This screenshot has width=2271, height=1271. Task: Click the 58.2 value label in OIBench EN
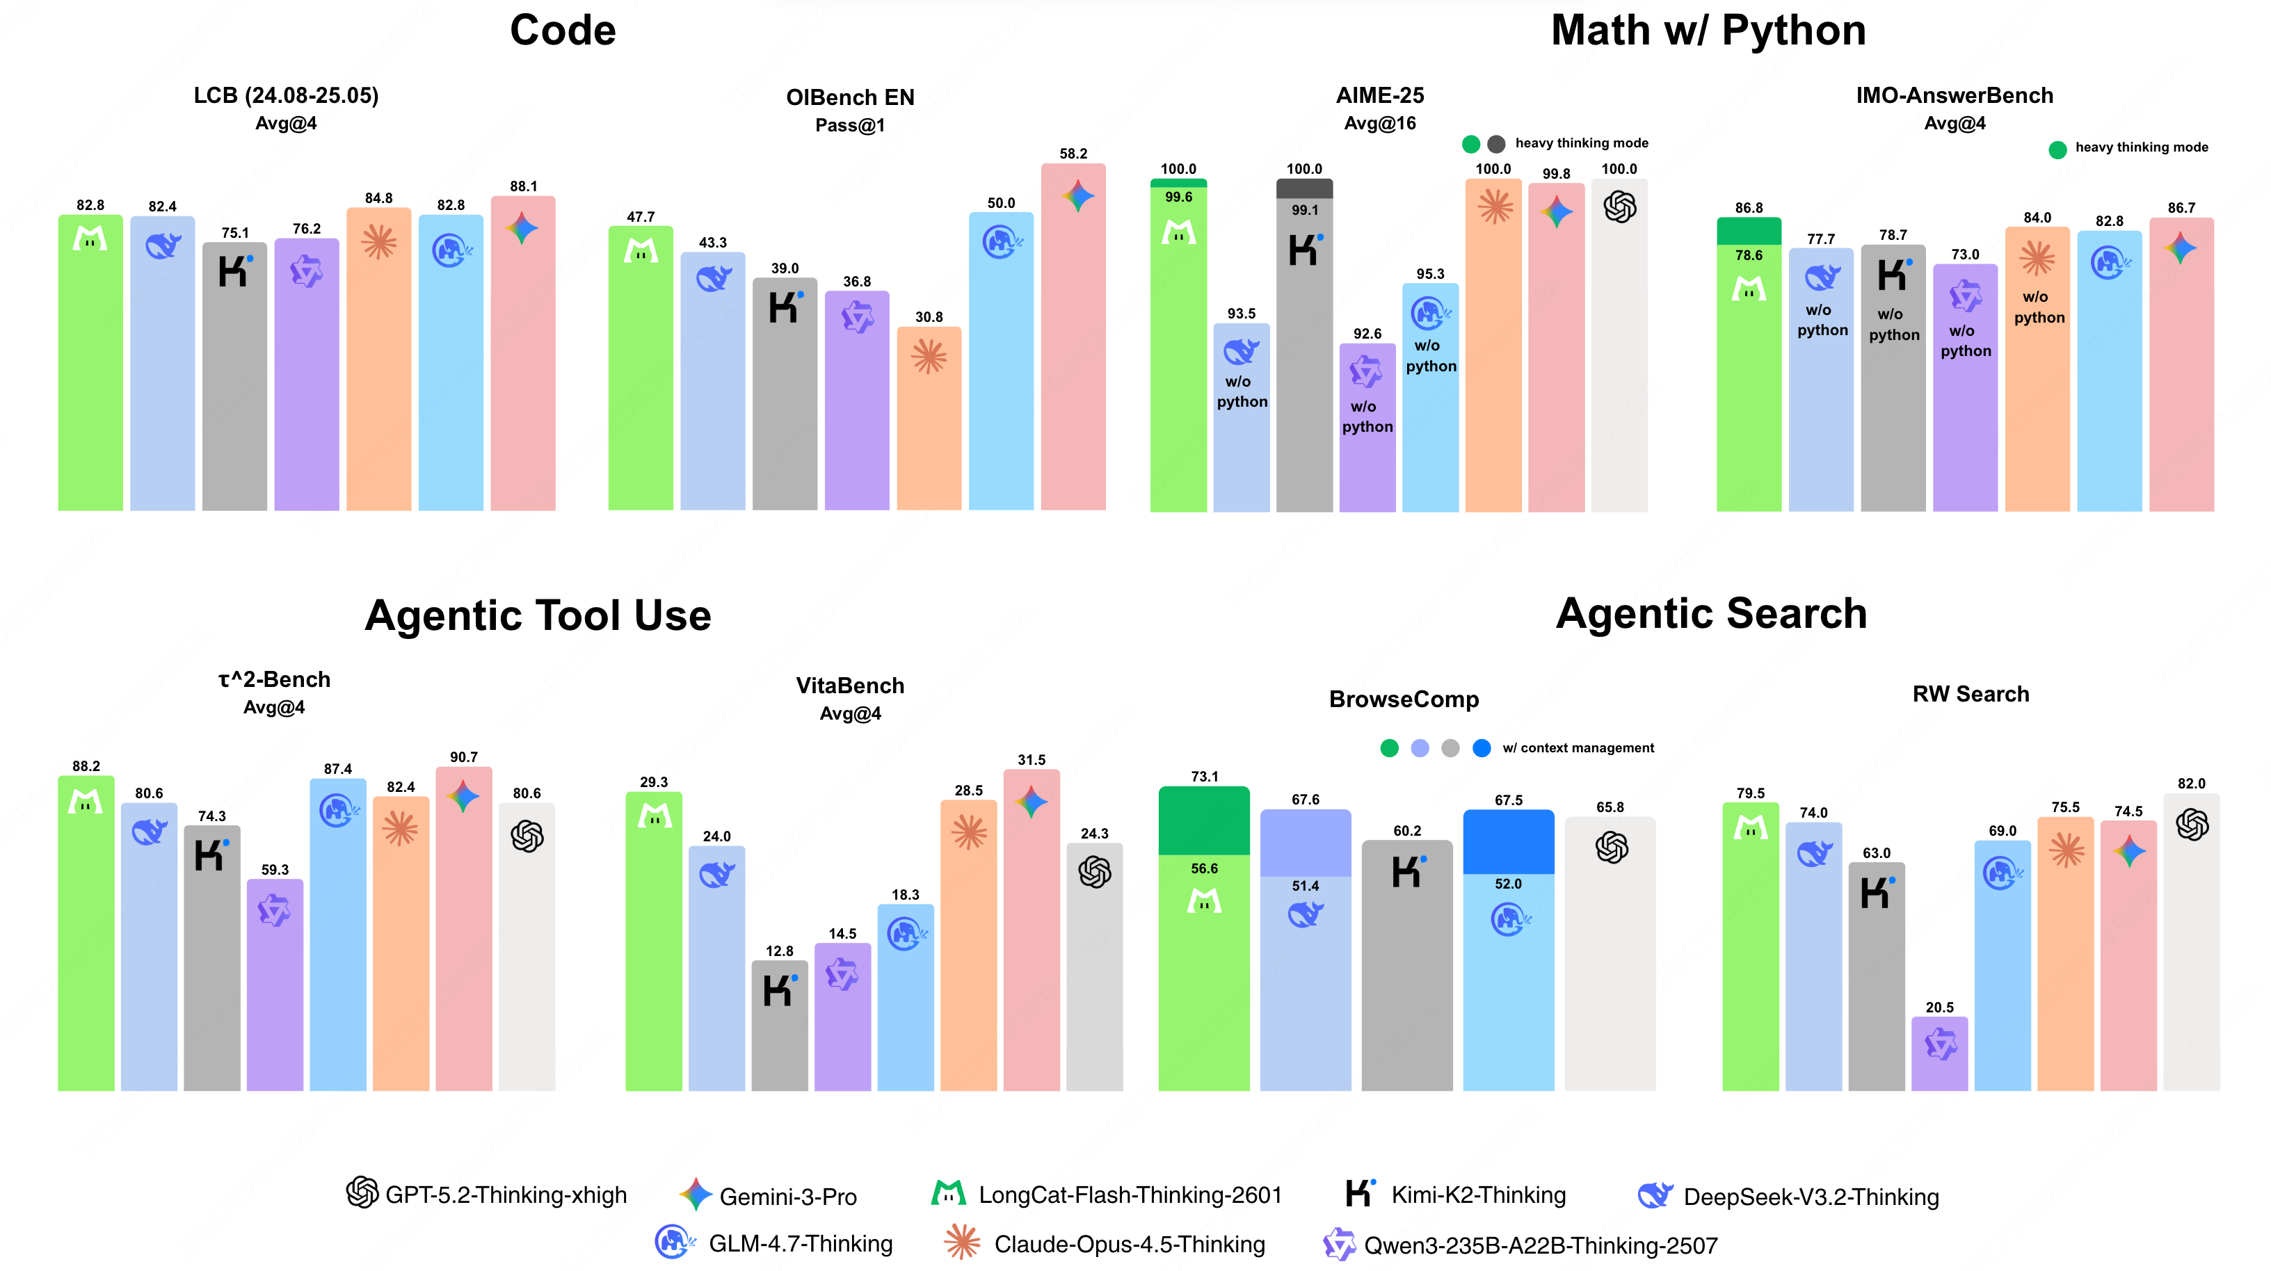click(1073, 154)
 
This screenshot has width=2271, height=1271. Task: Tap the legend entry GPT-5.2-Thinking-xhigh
click(487, 1195)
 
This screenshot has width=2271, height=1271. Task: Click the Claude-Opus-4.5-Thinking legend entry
click(1105, 1244)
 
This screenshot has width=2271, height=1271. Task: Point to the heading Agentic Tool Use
click(538, 615)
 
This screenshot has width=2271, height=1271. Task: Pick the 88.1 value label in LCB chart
click(523, 186)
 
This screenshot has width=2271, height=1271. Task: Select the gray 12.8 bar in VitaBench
click(779, 1027)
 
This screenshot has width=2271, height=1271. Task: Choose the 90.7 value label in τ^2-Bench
click(464, 757)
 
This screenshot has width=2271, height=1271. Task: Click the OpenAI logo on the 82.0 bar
click(2192, 825)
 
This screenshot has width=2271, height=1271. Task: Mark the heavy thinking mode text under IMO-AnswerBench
click(2142, 147)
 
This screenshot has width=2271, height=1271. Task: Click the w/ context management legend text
click(1578, 747)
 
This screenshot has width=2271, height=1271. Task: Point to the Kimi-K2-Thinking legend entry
click(1457, 1195)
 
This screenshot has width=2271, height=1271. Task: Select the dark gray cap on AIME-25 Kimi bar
click(1304, 188)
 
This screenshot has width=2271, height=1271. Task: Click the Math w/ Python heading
click(1708, 31)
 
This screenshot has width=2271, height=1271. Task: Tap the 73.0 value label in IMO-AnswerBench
click(1965, 254)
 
